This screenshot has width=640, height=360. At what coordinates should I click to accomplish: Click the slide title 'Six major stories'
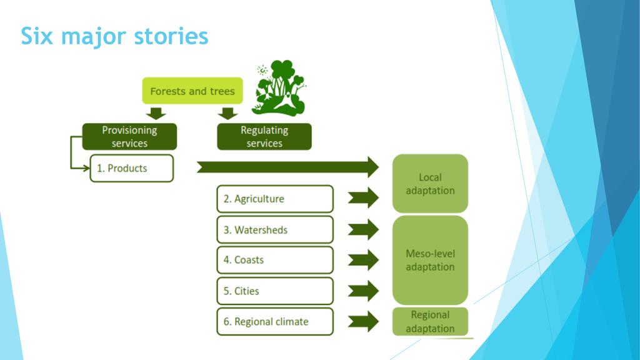[x=114, y=36]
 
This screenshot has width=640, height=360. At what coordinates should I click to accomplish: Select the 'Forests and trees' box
[x=192, y=91]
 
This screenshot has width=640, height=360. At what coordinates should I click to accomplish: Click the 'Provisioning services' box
[x=129, y=137]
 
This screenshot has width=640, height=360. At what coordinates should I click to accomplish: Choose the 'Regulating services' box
[x=264, y=137]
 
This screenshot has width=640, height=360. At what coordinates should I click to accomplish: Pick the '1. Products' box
[x=131, y=169]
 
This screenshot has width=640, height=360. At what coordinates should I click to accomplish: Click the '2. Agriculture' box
[x=275, y=199]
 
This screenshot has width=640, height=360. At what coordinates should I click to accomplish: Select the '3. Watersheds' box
[x=275, y=230]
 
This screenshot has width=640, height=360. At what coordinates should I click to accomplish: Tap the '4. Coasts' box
[x=275, y=260]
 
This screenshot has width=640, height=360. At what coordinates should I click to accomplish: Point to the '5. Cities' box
[x=275, y=291]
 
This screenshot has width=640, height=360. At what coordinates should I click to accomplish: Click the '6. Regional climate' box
[x=275, y=322]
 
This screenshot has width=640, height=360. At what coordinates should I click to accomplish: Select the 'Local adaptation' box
[x=430, y=184]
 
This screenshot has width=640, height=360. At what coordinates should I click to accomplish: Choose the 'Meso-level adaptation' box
[x=430, y=260]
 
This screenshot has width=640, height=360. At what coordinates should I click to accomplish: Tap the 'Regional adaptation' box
[x=430, y=322]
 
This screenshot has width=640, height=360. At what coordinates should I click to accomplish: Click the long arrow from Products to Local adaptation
[x=287, y=167]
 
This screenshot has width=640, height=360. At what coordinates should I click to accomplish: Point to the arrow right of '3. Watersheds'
[x=364, y=229]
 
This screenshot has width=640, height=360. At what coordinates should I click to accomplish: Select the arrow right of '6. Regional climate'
[x=364, y=321]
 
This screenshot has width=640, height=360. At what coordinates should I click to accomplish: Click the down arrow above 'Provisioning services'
[x=155, y=113]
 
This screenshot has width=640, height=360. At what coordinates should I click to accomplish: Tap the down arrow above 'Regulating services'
[x=228, y=113]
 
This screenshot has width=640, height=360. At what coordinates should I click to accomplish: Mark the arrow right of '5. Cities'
[x=364, y=291]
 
